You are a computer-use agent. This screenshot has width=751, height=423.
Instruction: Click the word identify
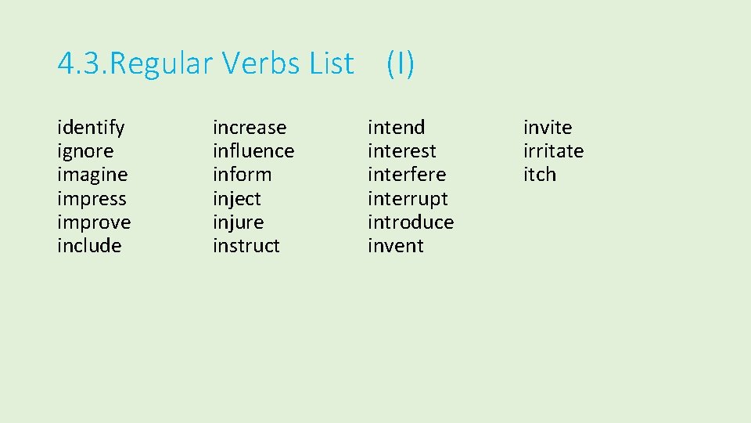point(91,128)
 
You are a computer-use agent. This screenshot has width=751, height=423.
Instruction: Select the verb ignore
point(85,151)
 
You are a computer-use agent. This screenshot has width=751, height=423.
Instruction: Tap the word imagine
point(92,175)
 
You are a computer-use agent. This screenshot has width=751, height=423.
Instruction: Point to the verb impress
point(92,199)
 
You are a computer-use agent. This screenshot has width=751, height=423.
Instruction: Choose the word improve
point(94,222)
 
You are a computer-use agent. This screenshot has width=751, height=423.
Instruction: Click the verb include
point(89,246)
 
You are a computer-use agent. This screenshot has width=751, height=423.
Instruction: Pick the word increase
point(250,128)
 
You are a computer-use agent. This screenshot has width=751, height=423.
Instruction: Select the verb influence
point(253,151)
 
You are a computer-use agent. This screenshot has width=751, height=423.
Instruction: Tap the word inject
point(237,199)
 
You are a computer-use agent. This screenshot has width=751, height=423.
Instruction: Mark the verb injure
point(239,222)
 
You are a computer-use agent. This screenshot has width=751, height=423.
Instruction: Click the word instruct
point(246,246)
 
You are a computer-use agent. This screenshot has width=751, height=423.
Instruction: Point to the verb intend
point(397,128)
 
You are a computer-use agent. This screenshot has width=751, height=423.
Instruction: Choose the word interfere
point(407,175)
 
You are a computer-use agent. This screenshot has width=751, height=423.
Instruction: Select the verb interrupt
point(408,199)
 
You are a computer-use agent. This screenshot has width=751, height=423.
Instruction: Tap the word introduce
point(411,222)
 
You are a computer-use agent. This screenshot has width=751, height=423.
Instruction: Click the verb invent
point(396,246)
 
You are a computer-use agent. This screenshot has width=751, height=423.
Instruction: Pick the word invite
point(548,128)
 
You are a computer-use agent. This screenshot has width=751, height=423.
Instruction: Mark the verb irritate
point(554,151)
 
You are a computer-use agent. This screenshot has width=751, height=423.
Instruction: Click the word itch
point(540,175)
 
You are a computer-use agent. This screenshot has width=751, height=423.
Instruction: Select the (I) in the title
point(401,63)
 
